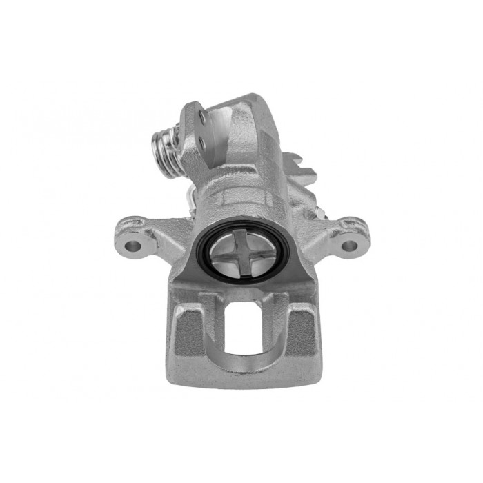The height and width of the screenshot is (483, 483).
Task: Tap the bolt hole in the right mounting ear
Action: (x=350, y=245)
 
